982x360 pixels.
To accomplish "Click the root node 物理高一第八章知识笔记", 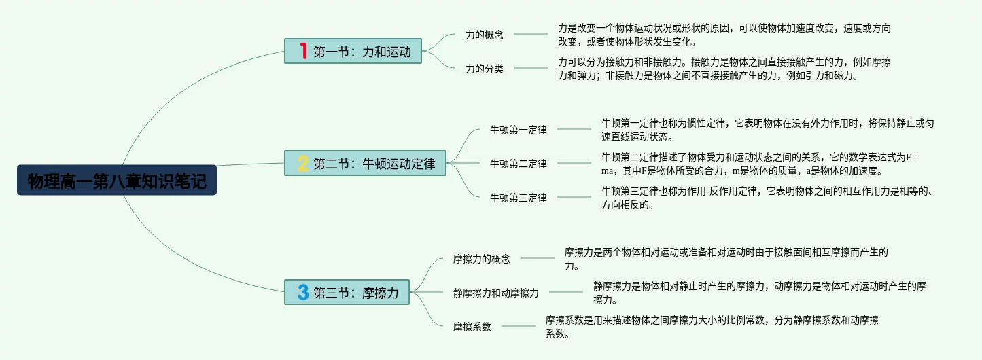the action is [x=116, y=180].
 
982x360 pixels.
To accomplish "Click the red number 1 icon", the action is [x=303, y=51].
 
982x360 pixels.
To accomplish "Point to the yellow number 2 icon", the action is [x=303, y=164].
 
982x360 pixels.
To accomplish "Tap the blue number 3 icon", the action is [x=303, y=293].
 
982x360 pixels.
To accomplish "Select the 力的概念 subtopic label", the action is [x=485, y=35].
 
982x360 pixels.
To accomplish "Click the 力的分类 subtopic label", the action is [x=485, y=69].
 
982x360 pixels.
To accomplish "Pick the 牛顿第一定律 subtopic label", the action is [x=519, y=130].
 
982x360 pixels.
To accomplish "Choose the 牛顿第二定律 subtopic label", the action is [x=519, y=164].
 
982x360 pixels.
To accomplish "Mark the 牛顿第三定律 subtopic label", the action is [x=519, y=198].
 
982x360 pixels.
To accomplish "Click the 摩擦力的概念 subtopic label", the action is [x=482, y=259].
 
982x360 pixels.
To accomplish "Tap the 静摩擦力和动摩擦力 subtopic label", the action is [x=496, y=293].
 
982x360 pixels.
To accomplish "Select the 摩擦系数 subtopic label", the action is [x=472, y=327].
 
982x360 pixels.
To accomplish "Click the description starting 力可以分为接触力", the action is [x=724, y=69].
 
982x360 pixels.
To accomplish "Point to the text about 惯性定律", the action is [x=767, y=130].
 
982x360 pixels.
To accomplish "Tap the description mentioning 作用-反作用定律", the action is [x=767, y=198].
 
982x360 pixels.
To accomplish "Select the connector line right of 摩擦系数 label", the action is [x=518, y=326].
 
